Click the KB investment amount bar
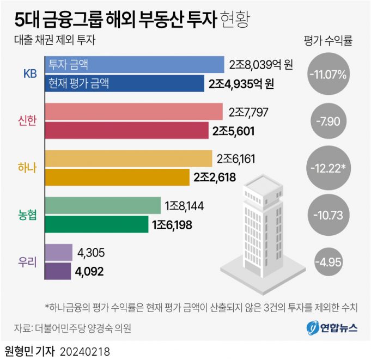[133, 64]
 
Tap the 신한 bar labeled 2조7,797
[133, 112]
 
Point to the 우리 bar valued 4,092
[58, 271]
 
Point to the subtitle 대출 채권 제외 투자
[52, 39]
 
